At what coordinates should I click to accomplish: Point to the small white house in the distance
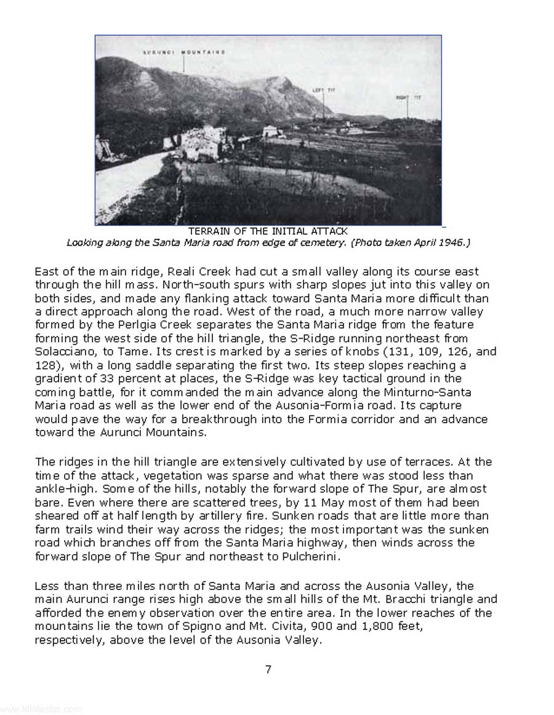[271, 132]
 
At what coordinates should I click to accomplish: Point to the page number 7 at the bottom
[268, 670]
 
